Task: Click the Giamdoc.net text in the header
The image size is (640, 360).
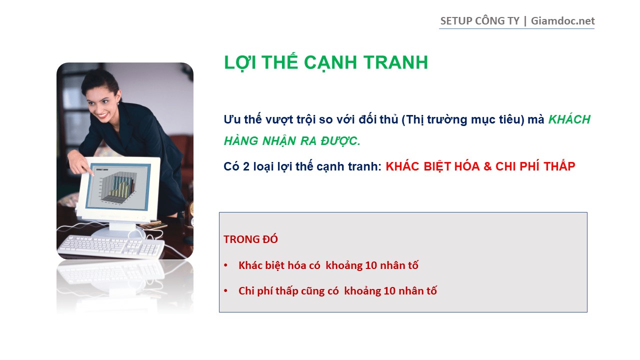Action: (562, 21)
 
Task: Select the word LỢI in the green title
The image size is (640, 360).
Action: (240, 63)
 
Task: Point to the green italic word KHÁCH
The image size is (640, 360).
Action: (569, 119)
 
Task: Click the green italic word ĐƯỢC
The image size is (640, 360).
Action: (340, 140)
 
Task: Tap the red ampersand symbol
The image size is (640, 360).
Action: (487, 166)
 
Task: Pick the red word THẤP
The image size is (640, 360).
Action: (559, 166)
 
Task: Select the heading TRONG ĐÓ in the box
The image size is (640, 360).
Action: (250, 239)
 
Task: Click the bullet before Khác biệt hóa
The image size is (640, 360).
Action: (225, 265)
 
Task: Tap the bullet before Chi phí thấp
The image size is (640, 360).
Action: (225, 291)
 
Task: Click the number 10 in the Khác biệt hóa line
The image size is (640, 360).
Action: (371, 265)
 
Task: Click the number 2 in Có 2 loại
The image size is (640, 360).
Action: (246, 166)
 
